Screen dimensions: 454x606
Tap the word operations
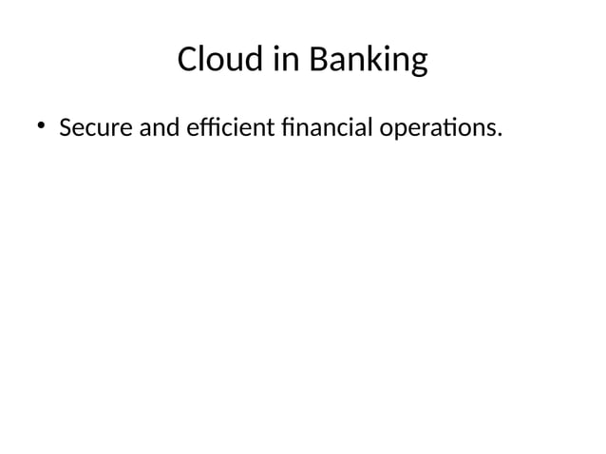point(438,128)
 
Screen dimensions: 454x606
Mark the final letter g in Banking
point(418,65)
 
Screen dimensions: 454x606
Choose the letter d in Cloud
point(255,61)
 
